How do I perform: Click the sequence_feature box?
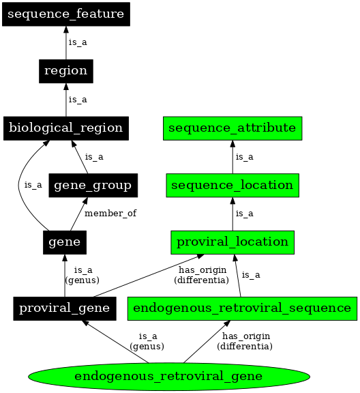click(65, 14)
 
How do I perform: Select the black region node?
click(65, 70)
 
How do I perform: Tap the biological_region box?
click(65, 128)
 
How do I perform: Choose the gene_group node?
click(93, 185)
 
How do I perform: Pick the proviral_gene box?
click(65, 308)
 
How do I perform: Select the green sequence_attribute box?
click(232, 128)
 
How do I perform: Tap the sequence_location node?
click(232, 185)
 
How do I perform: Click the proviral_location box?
click(232, 242)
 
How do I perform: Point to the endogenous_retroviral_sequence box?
click(243, 308)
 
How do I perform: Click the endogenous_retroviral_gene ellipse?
click(169, 376)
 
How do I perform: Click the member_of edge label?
click(110, 214)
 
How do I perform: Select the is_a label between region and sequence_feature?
click(78, 42)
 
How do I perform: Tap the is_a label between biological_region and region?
click(78, 100)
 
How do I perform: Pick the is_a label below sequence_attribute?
click(244, 157)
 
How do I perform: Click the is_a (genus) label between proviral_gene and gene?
click(82, 274)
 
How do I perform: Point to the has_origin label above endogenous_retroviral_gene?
click(245, 341)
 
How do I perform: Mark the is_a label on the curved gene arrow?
click(33, 185)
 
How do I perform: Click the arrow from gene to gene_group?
click(77, 214)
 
